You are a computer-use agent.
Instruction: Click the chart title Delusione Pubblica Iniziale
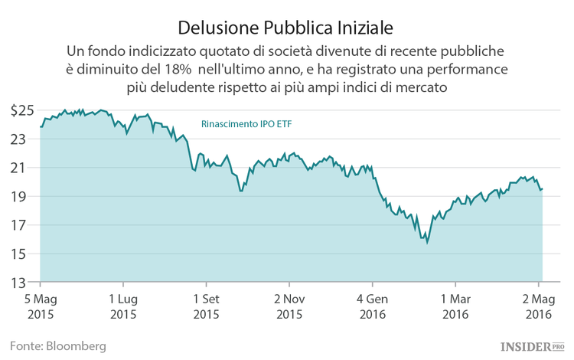[285, 28]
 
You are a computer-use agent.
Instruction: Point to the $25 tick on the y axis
[21, 110]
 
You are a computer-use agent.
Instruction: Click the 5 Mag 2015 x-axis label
[41, 306]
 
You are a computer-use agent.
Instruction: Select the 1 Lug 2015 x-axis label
[123, 306]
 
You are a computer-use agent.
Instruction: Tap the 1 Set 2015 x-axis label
[206, 306]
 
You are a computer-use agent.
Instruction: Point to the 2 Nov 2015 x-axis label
[289, 306]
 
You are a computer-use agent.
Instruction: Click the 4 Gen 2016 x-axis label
[372, 306]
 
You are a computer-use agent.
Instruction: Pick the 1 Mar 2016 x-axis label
[455, 306]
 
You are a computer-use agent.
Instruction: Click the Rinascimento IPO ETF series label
[246, 123]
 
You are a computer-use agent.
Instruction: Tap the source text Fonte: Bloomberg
[57, 345]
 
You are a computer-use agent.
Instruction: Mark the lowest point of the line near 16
[427, 243]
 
